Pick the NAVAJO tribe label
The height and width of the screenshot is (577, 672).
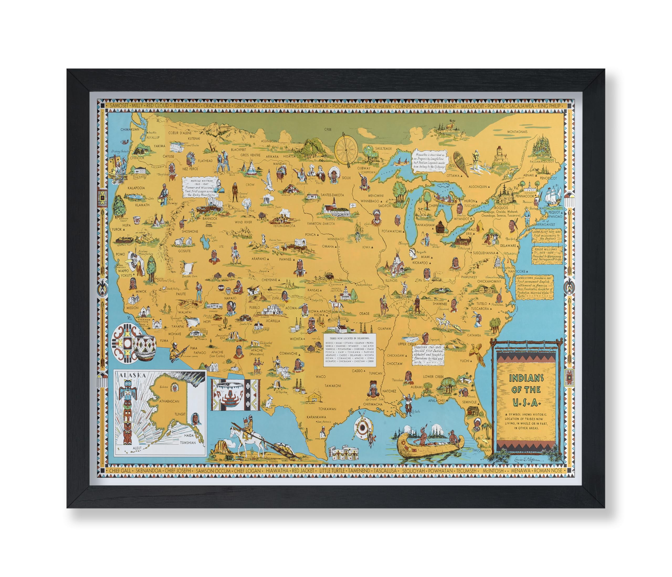pos(230,298)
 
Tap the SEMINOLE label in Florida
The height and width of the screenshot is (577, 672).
pos(470,402)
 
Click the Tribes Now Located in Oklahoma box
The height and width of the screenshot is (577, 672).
pos(350,350)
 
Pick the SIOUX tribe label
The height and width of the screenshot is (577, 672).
pos(346,178)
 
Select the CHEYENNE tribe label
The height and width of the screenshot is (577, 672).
pos(269,280)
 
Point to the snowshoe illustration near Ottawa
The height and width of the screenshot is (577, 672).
pos(460,164)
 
